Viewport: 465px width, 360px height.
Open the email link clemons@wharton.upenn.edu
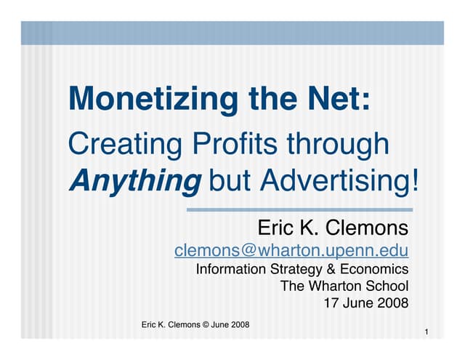coord(291,251)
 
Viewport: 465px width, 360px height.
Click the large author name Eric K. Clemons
coord(333,229)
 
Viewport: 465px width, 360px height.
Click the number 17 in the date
coord(328,303)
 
